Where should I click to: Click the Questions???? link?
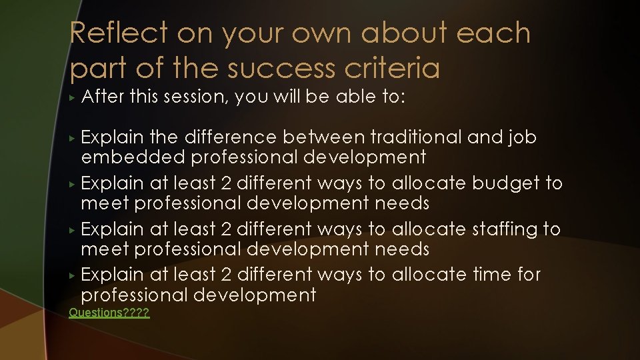(109, 313)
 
